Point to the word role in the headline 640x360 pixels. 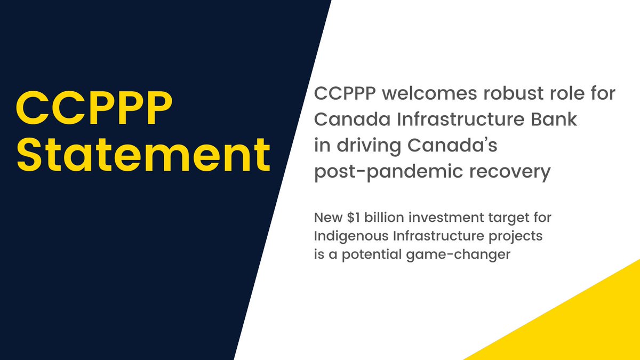coord(564,95)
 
